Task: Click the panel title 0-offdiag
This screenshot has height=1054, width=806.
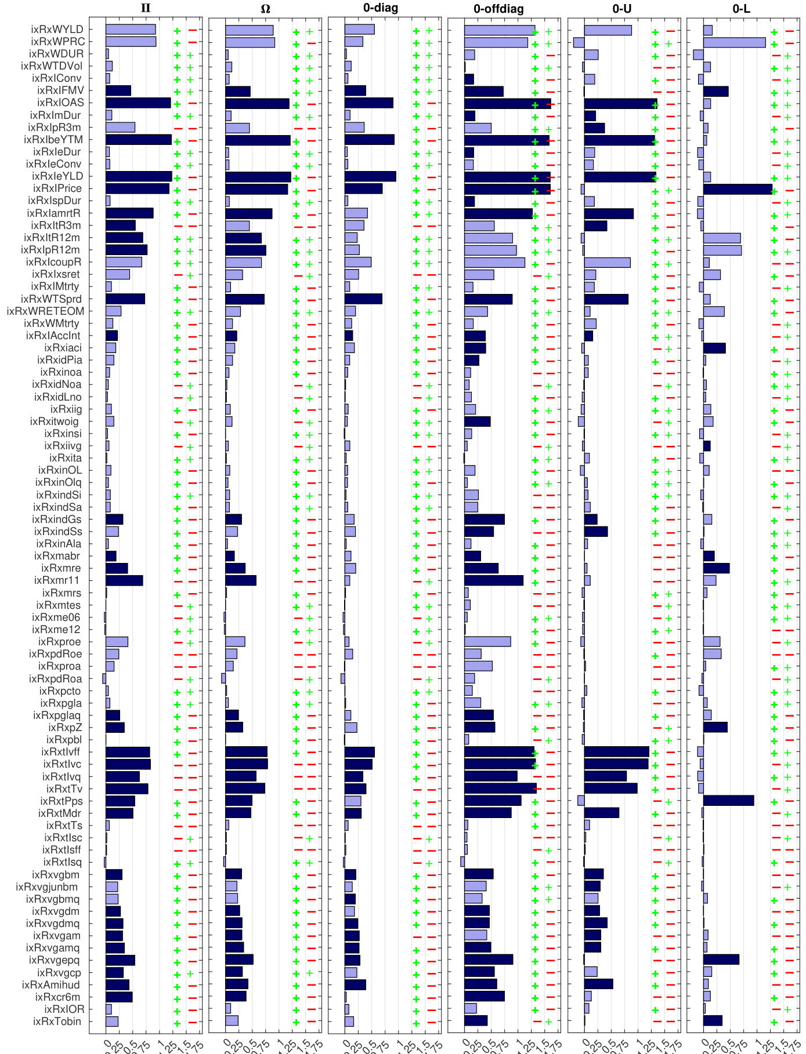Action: coord(498,9)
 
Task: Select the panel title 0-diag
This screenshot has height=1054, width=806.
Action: coord(381,8)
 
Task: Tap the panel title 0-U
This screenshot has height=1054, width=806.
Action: coord(621,9)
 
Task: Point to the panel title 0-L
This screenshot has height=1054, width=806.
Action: coord(741,9)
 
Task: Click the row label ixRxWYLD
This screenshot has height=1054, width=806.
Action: coord(57,30)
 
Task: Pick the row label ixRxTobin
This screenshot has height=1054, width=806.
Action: coord(57,1021)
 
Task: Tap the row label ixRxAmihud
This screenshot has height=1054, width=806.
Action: coord(51,984)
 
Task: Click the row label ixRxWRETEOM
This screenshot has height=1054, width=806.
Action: coord(45,311)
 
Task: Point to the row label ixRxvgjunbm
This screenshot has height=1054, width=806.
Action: coord(47,886)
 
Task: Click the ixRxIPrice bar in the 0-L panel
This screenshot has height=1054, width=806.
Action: coord(738,189)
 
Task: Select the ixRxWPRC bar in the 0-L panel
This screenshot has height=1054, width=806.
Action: coord(734,42)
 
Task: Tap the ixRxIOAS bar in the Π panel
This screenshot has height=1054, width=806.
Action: coord(138,103)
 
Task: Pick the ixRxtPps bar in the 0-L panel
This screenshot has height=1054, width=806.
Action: coord(728,801)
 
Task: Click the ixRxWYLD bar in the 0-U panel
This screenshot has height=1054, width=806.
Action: coord(608,30)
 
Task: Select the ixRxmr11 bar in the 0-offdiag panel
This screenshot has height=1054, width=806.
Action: coord(493,580)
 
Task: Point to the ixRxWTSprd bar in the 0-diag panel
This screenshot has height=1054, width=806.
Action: coord(363,299)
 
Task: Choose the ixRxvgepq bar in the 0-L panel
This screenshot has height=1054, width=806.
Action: coord(721,959)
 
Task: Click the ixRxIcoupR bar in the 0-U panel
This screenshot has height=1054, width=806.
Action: coord(607,263)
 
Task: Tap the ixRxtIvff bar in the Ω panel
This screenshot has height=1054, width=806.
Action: coord(246,752)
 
